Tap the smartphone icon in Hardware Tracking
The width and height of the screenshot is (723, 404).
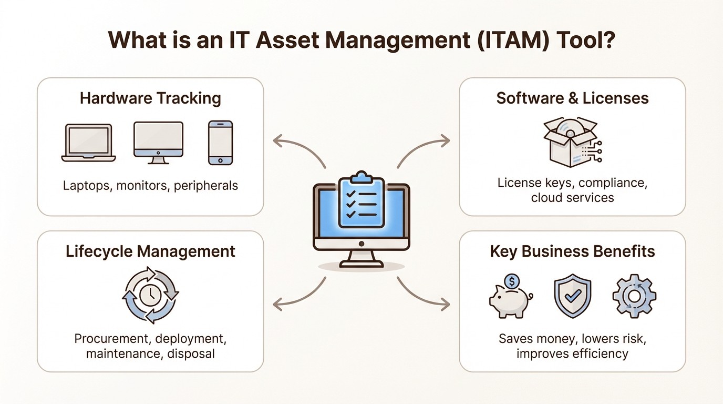point(220,143)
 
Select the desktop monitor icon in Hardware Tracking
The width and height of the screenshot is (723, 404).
point(158,142)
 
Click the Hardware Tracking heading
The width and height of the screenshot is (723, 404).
point(150,98)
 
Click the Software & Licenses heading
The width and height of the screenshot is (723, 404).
point(572,98)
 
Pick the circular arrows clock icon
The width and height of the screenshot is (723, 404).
point(150,295)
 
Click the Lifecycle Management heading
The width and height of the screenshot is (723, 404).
point(150,251)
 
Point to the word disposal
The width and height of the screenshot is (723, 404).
point(191,353)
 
